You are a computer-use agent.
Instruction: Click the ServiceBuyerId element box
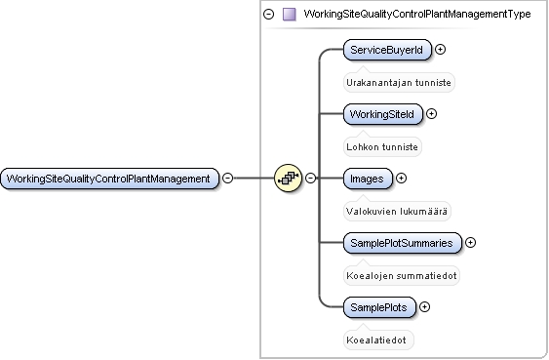click(387, 50)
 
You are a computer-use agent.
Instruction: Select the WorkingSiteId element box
click(383, 114)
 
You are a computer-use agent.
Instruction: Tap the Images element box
click(368, 179)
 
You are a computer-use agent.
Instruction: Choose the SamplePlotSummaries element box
click(403, 243)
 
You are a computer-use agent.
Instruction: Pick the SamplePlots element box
click(379, 307)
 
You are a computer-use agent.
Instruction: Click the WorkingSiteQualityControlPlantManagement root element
click(109, 179)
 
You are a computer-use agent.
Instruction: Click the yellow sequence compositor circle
click(288, 178)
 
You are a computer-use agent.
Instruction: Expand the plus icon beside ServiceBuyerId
click(440, 50)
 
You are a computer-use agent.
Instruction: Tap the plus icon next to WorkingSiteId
click(431, 114)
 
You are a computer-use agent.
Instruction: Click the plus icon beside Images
click(401, 179)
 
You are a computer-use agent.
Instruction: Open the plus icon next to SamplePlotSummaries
click(471, 243)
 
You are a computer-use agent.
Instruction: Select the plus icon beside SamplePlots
click(425, 307)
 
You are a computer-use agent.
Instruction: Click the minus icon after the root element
click(227, 178)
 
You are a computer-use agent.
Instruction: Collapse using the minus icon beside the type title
click(268, 14)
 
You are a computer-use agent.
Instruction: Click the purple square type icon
click(290, 15)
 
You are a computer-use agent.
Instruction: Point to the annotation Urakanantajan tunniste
click(399, 83)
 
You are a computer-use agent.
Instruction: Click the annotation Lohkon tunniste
click(382, 147)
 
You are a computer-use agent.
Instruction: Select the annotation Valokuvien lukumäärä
click(397, 212)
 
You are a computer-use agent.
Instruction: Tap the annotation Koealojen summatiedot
click(402, 276)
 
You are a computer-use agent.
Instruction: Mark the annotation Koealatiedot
click(376, 340)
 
